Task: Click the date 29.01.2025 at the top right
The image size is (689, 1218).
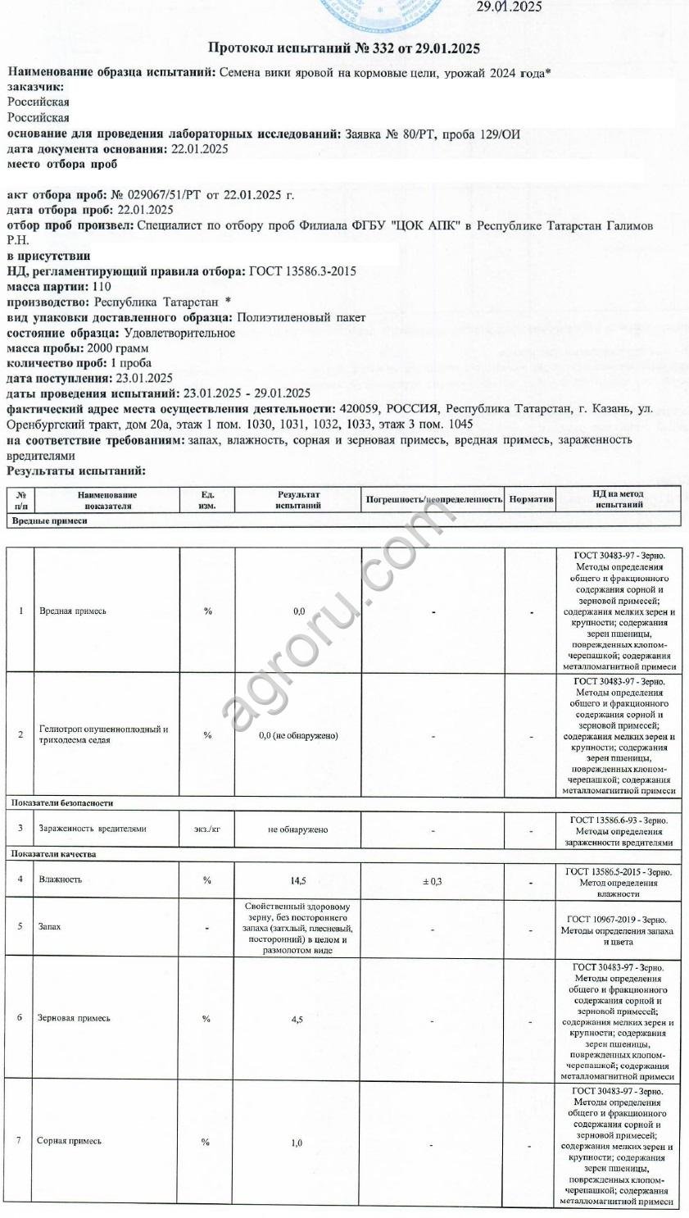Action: point(509,7)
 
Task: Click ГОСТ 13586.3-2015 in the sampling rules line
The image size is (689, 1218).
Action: point(302,271)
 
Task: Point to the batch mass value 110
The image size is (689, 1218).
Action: point(102,287)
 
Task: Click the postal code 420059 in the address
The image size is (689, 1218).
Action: point(356,409)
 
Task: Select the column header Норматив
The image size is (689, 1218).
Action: point(531,498)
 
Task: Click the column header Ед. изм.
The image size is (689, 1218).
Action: point(207,499)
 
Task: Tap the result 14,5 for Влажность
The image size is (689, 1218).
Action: point(298,880)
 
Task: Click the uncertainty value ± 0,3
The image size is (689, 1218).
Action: point(433,881)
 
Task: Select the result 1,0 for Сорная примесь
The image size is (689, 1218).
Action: point(297,1143)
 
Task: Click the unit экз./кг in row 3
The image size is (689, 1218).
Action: point(207,829)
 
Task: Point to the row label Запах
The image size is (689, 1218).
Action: point(50,927)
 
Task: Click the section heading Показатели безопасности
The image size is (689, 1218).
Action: point(62,802)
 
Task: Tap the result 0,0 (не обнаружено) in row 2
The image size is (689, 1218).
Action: point(298,735)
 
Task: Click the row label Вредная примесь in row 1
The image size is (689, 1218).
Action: point(73,611)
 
